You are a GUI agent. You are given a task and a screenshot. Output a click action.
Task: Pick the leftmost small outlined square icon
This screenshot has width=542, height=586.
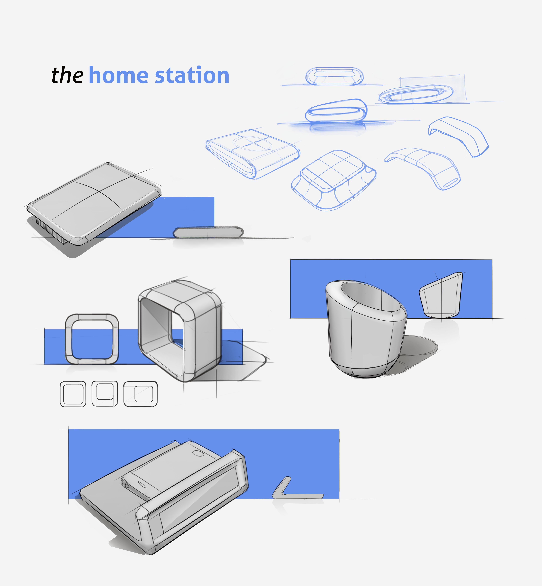point(73,394)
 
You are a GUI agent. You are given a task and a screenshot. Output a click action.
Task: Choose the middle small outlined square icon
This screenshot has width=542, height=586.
point(105,394)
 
